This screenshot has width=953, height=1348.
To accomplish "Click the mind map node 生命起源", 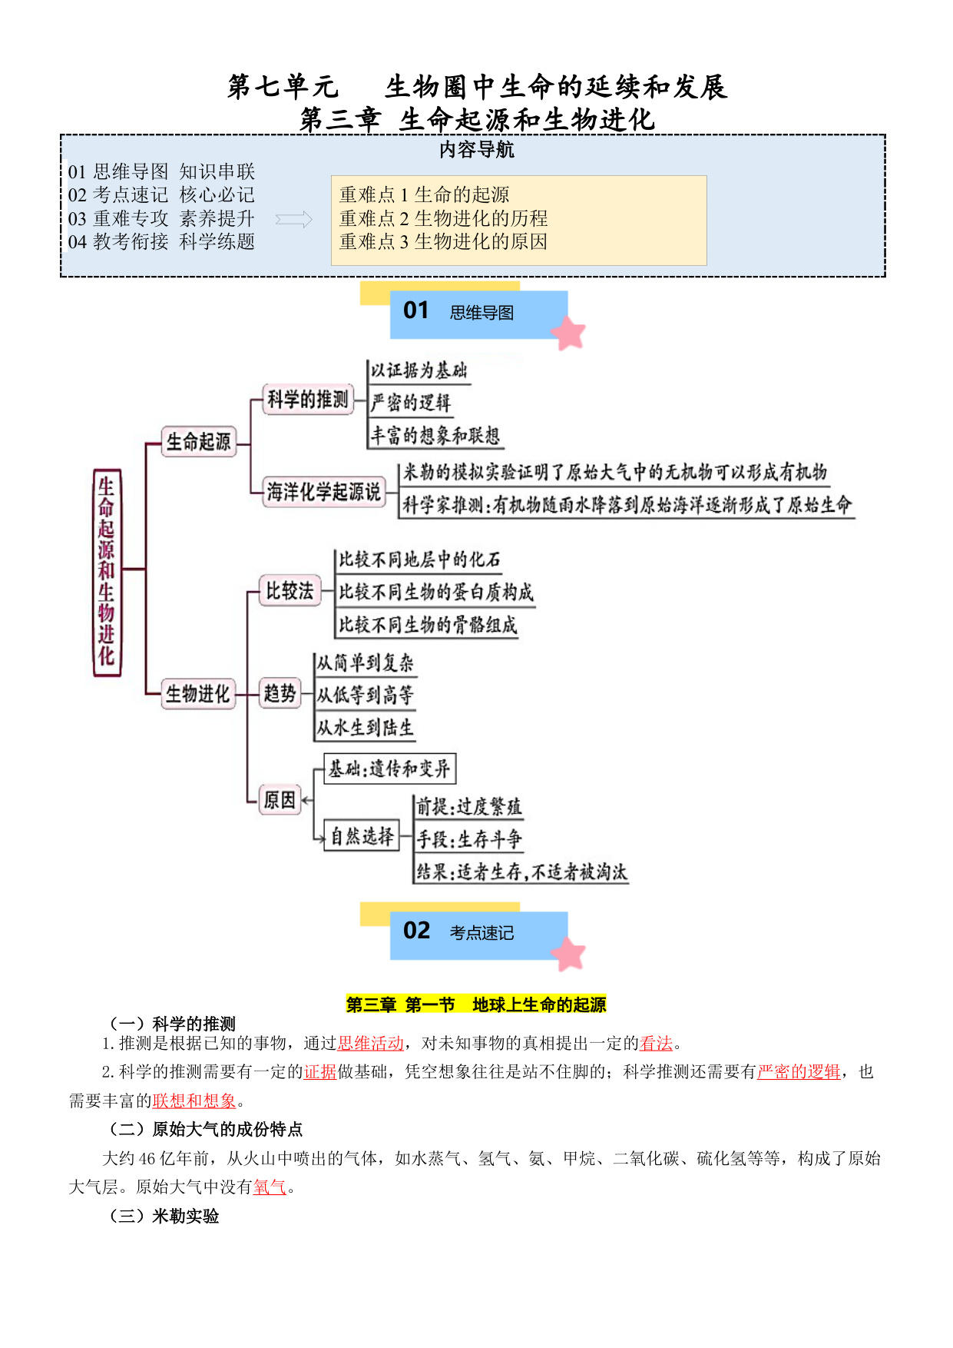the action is [199, 442].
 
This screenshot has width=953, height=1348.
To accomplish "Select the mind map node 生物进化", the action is [198, 694].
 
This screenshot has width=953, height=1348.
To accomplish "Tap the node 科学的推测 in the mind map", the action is [308, 400].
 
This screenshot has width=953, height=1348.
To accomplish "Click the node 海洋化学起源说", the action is [324, 492].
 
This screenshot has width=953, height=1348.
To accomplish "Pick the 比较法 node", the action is [290, 591].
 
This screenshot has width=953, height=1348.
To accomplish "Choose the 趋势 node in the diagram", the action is [280, 694].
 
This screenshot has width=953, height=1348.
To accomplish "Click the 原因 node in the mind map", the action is [280, 800].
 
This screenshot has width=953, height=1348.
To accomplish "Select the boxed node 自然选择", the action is [362, 836].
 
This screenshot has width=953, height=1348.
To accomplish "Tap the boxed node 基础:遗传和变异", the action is [390, 769].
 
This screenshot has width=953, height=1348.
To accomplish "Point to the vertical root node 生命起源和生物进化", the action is [107, 572].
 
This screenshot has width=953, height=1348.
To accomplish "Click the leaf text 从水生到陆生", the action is [365, 728].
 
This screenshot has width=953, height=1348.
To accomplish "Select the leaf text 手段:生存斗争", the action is [469, 839].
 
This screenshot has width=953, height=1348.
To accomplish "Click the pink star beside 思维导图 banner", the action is [569, 333].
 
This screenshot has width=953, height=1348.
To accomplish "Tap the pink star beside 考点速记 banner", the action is [569, 954].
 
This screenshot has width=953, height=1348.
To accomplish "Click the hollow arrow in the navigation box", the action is [294, 220].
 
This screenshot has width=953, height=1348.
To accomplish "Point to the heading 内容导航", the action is [477, 150].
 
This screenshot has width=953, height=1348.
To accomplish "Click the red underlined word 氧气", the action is [270, 1187].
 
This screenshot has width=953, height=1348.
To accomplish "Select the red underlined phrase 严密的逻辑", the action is [799, 1072].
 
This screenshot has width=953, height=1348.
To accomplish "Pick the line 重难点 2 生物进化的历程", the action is [444, 218].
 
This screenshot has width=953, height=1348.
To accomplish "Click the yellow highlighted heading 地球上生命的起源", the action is [539, 1004].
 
